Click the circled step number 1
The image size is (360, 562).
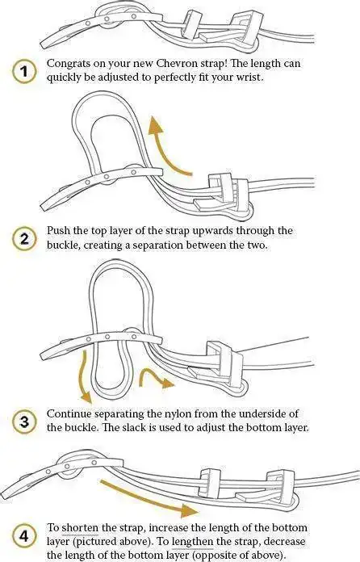(x=23, y=72)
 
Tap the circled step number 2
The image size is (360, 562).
(x=23, y=238)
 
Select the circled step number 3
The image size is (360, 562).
(x=24, y=421)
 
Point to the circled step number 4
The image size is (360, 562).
(x=24, y=536)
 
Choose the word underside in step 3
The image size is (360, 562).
(x=264, y=413)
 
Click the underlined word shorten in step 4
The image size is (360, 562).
(x=80, y=528)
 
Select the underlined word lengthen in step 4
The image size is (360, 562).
(x=193, y=542)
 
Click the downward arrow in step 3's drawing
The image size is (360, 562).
(x=85, y=376)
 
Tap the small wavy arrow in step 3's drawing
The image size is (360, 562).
(x=156, y=378)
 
